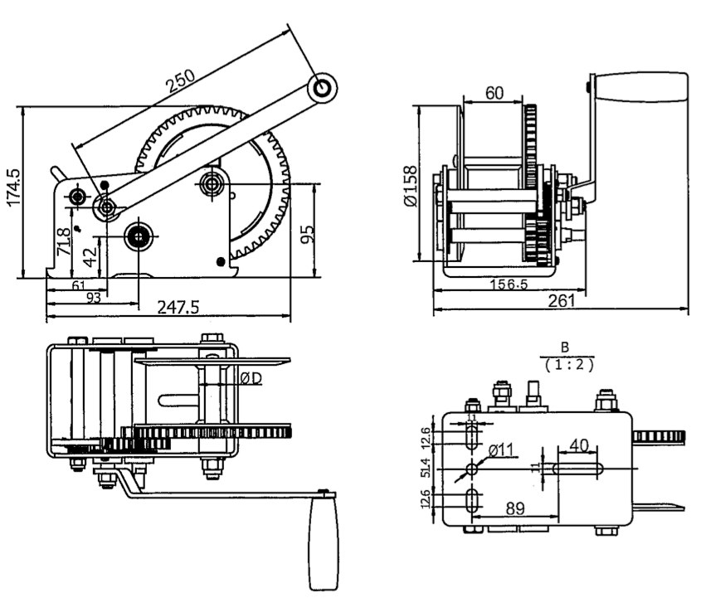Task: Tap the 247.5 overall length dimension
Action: point(178,308)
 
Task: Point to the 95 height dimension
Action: point(308,233)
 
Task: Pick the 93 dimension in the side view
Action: point(94,297)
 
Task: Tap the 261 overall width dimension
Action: point(562,302)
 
